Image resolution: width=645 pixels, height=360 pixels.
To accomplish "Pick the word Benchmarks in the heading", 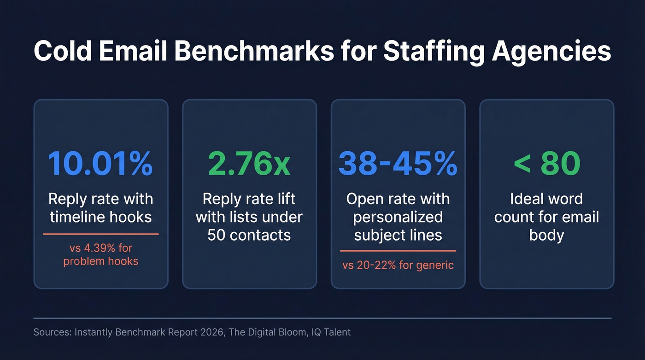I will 253,52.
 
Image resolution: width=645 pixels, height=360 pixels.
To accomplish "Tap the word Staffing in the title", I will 433,52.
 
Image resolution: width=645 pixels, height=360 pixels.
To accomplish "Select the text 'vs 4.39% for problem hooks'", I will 100,255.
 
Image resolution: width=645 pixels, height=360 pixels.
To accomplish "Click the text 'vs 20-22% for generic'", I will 398,265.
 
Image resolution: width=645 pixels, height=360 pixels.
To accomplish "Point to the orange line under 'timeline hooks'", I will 100,234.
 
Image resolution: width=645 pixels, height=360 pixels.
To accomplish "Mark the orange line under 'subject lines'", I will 398,251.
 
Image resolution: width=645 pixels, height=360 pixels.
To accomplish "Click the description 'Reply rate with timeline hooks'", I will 100,208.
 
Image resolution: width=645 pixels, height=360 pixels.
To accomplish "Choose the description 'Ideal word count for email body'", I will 546,217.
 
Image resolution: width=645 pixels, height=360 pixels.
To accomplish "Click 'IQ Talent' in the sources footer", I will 329,332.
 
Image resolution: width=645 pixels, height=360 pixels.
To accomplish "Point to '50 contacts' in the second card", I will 249,235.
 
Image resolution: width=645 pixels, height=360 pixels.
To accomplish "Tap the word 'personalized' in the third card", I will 398,217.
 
